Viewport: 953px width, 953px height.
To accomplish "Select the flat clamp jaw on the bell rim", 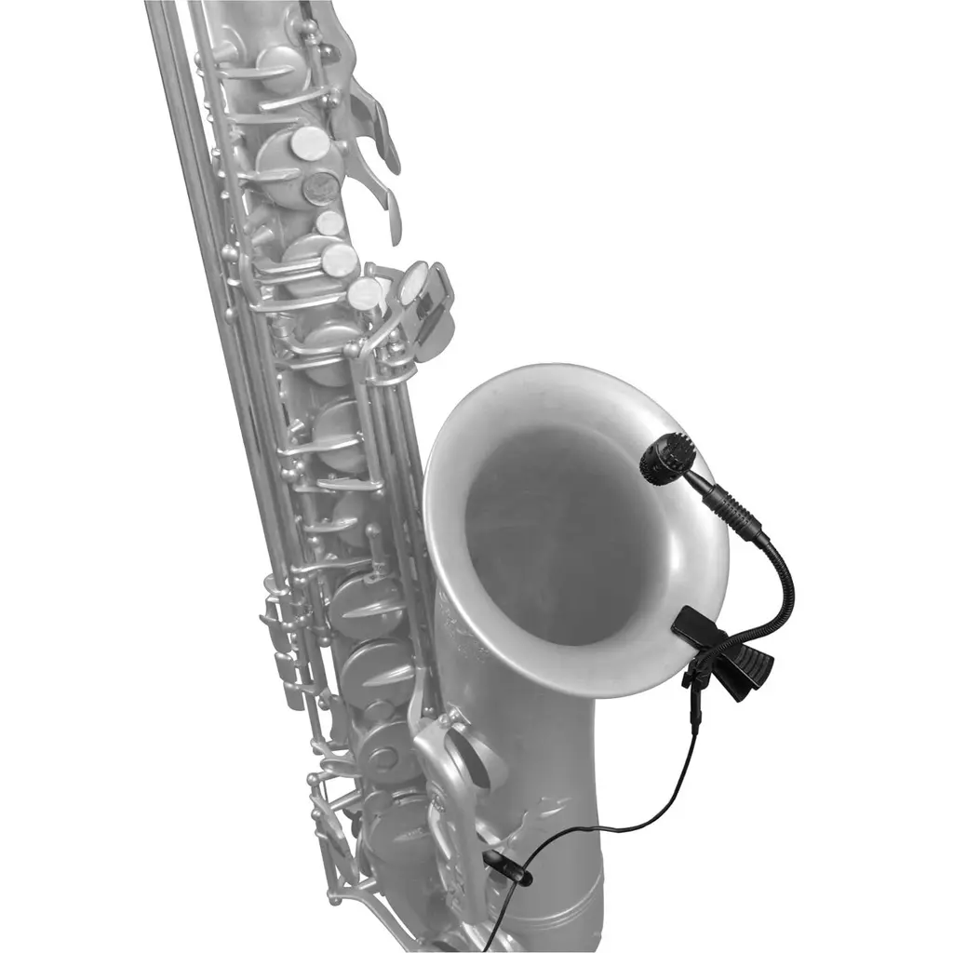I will pyautogui.click(x=695, y=626).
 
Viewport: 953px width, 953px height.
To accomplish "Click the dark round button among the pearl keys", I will pyautogui.click(x=320, y=189).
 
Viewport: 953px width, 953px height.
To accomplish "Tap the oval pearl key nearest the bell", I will pyautogui.click(x=413, y=282).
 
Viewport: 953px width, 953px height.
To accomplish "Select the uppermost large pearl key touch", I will pyautogui.click(x=310, y=143).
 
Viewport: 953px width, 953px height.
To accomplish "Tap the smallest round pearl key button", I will pyautogui.click(x=329, y=223).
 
